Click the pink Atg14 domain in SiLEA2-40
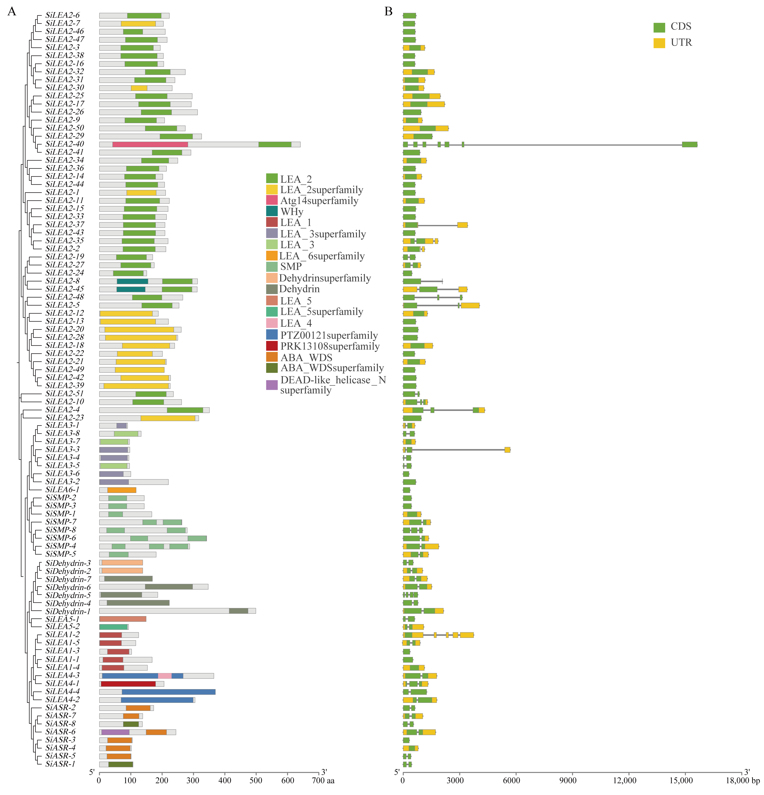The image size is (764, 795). coord(150,144)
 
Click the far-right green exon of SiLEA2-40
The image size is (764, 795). coord(689,144)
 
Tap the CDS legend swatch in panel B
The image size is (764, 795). coord(659,27)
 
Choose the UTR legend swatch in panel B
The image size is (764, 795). coord(659,43)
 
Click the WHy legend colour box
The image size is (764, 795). coord(272,211)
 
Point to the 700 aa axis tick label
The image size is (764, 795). coord(324,781)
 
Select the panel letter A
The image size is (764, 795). coord(12,11)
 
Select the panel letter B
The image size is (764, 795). coord(388,11)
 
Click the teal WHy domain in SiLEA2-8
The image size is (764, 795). coord(132,281)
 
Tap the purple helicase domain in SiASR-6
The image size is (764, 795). coord(115,732)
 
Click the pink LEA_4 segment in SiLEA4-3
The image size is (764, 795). coord(165,676)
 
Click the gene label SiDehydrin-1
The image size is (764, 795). coord(68,611)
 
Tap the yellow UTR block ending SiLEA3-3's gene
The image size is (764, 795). coord(507,449)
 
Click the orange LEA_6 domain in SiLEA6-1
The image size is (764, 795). coord(122,490)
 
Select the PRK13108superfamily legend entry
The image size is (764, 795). coord(330,346)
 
